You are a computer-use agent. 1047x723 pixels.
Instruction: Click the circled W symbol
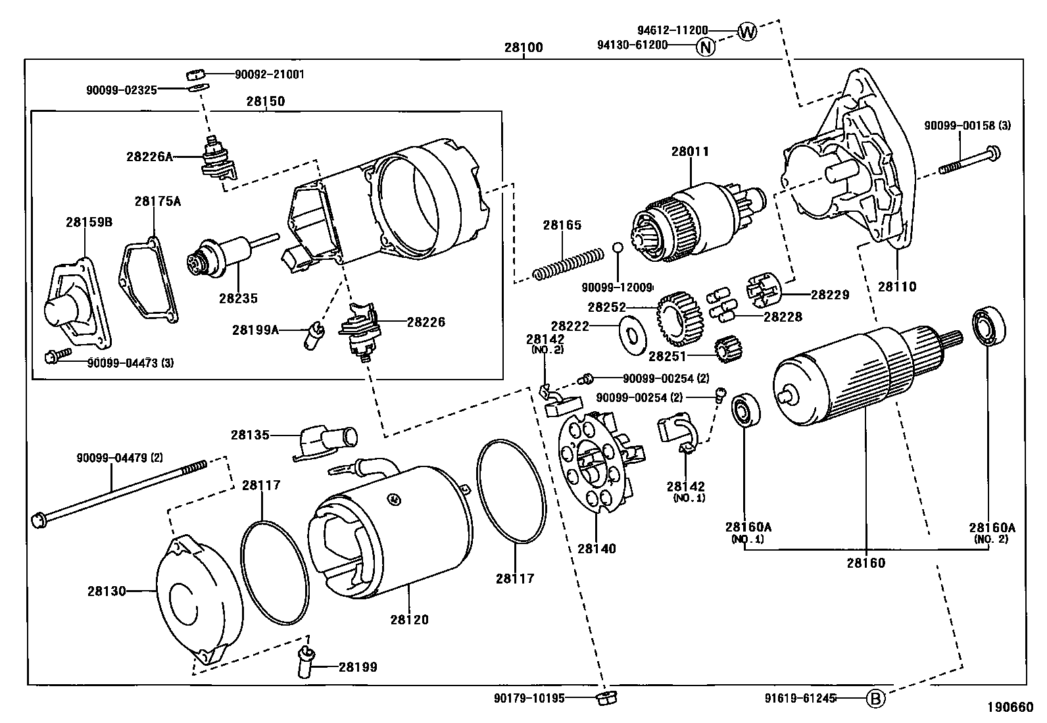coord(746,31)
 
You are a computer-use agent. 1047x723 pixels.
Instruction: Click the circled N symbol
coord(705,47)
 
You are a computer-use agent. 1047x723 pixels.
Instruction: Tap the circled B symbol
coord(875,699)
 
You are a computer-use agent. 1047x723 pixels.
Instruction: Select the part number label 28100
coord(523,48)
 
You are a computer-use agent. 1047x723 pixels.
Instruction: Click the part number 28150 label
coord(266,102)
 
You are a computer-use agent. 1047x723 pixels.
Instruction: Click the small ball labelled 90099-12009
coord(618,248)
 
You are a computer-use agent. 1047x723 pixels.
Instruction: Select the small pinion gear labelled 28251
coord(727,349)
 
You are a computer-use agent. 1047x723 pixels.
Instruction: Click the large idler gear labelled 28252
coord(680,318)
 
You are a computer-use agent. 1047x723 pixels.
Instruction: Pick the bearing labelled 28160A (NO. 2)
coord(988,326)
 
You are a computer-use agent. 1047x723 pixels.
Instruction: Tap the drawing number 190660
coord(1010,708)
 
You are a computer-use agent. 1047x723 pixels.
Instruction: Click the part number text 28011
coord(690,151)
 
